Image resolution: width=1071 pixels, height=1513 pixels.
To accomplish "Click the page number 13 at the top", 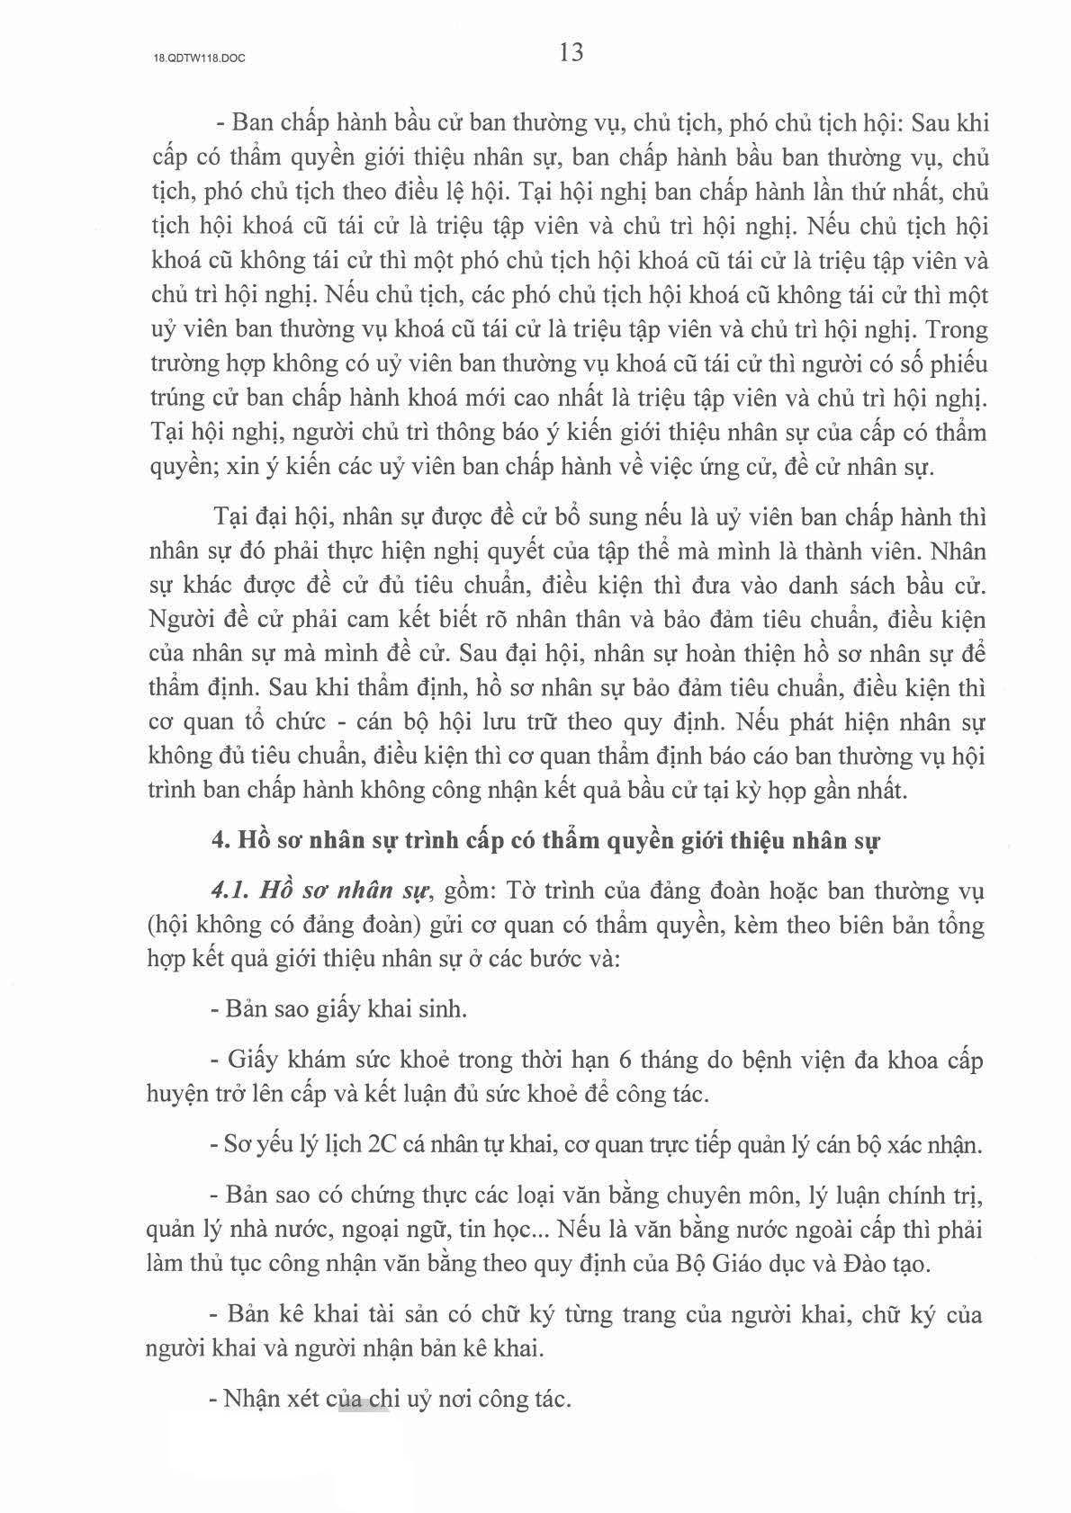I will (x=571, y=53).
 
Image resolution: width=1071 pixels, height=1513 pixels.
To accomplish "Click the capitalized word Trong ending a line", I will (x=958, y=329).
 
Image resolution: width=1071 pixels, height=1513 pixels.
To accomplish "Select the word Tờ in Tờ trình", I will (x=522, y=891).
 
